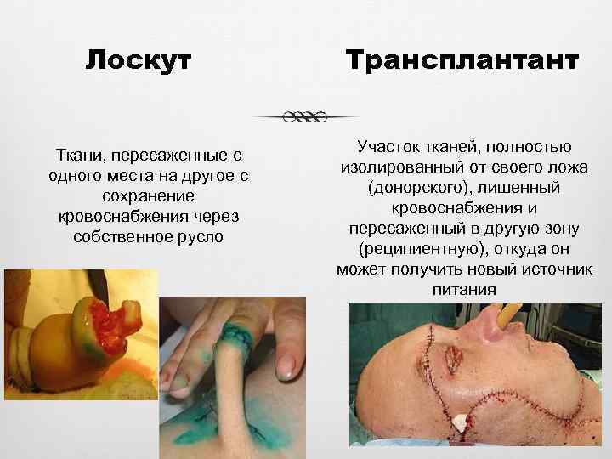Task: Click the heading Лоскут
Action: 139,61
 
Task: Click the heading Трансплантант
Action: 462,61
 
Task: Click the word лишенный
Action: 520,189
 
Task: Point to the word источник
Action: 555,270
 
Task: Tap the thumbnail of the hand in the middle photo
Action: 286,363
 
